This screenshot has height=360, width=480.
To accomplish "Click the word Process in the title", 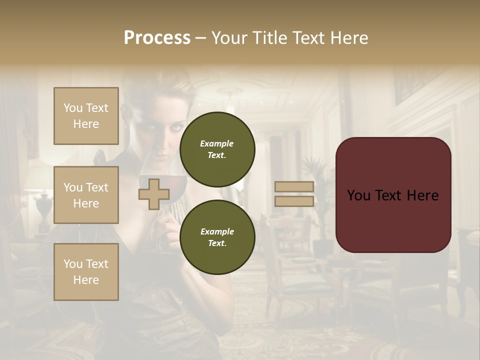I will (x=157, y=38).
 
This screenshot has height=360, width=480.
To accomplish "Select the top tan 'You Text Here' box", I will (x=86, y=116).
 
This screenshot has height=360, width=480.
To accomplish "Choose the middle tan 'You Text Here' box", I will (x=86, y=195).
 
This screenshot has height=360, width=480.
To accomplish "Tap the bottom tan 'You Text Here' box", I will (x=86, y=272).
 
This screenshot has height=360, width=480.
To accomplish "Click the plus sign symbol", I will (x=153, y=194).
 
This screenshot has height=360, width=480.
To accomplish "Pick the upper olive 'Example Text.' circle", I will (x=217, y=149).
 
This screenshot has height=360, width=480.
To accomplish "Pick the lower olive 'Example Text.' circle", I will (x=217, y=237).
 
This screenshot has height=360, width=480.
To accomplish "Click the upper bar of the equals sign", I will (x=294, y=187).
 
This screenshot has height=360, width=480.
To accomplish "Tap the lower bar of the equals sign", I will (x=294, y=201).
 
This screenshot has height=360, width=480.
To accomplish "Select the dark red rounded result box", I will (x=393, y=195).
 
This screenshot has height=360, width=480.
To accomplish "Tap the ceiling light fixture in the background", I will (x=230, y=93).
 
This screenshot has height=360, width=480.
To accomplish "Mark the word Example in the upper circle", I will (x=217, y=143).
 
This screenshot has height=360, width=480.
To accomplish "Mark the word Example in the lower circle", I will (x=217, y=231).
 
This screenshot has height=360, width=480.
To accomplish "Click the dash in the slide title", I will (x=200, y=38).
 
